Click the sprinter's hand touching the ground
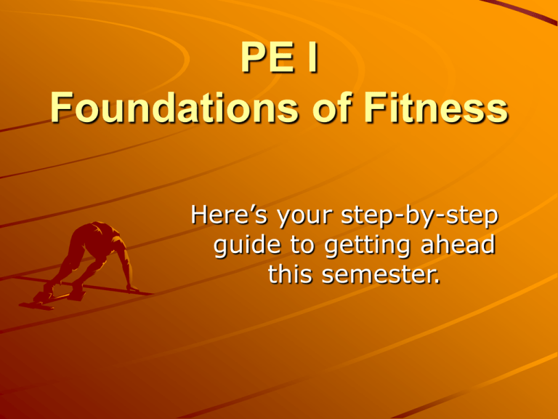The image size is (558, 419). (x=133, y=289)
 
